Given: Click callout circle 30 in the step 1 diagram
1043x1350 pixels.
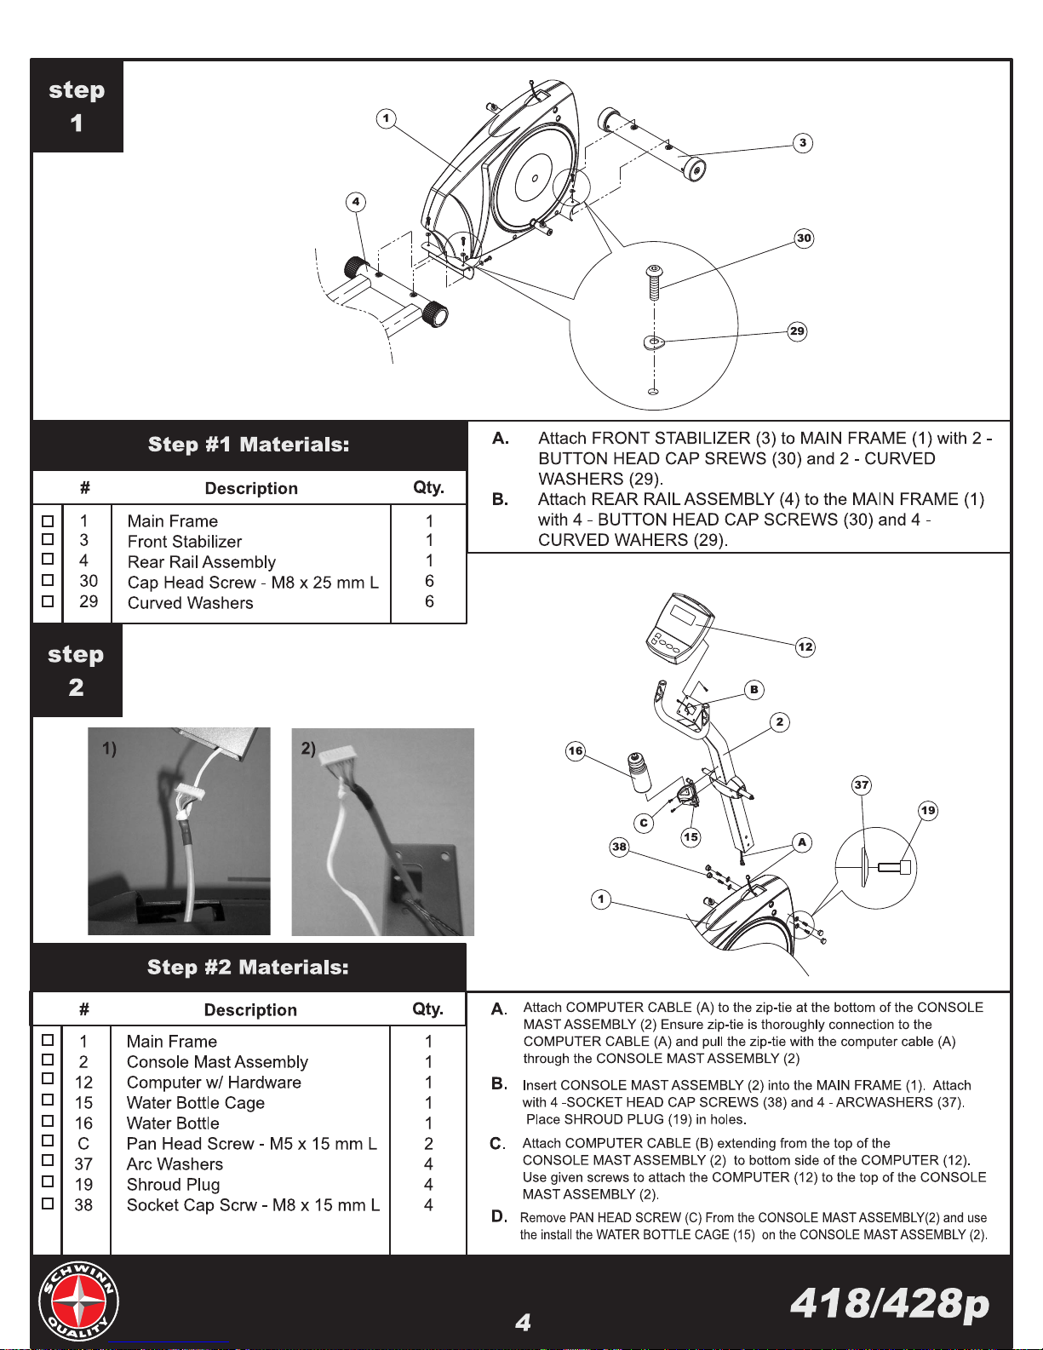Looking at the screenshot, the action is click(804, 238).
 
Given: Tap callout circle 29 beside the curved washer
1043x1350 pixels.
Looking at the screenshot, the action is click(797, 331).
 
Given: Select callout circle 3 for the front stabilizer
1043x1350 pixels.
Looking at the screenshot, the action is click(803, 143).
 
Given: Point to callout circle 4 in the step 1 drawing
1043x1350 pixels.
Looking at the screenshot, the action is click(356, 201).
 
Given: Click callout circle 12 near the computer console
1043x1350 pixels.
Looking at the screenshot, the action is click(805, 646).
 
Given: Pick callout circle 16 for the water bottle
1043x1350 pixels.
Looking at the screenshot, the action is click(576, 750).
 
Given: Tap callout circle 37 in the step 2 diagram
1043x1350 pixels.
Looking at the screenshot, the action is click(861, 784).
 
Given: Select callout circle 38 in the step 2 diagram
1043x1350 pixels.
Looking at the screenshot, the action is click(619, 846).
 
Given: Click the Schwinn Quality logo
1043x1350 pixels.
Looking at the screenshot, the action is click(78, 1301).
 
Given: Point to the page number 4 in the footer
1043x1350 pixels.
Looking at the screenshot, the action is click(523, 1323).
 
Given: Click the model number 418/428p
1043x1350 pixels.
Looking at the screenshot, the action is click(889, 1303).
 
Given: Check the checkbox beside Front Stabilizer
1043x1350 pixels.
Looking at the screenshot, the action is click(48, 539).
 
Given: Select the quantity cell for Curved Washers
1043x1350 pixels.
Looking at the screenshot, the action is click(429, 601).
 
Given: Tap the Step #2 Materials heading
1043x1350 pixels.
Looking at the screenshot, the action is click(248, 967).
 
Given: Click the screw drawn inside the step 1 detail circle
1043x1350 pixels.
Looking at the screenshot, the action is click(653, 282).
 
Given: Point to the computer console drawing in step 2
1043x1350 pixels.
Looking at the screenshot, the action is click(679, 628).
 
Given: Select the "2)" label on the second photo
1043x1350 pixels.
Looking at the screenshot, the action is click(308, 748).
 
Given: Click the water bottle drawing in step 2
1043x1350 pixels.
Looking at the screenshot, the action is click(639, 773).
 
